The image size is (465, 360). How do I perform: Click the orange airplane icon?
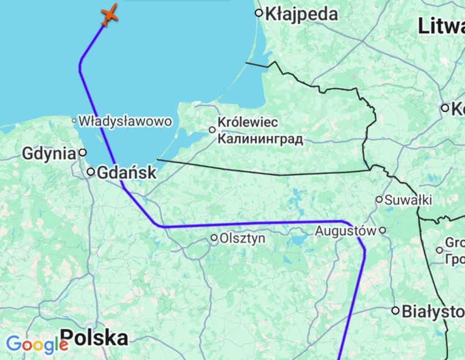pyautogui.click(x=109, y=15)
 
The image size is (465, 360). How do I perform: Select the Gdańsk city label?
pyautogui.click(x=127, y=173)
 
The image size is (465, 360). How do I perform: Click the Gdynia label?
pyautogui.click(x=48, y=153)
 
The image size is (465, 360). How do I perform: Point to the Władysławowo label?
pyautogui.click(x=125, y=121)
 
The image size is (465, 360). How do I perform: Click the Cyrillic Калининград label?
pyautogui.click(x=260, y=139)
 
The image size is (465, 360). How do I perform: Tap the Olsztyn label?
pyautogui.click(x=242, y=239)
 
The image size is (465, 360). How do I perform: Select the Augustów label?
pyautogui.click(x=346, y=231)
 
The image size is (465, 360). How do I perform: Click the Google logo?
pyautogui.click(x=36, y=345)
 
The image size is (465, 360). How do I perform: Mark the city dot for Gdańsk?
pyautogui.click(x=91, y=172)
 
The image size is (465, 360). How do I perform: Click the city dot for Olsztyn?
pyautogui.click(x=214, y=238)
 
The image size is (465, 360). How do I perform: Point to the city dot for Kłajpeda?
pyautogui.click(x=259, y=13)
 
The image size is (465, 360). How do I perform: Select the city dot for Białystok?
pyautogui.click(x=395, y=311)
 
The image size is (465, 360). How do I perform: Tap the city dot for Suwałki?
pyautogui.click(x=379, y=199)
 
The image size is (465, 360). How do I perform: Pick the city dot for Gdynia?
pyautogui.click(x=83, y=153)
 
